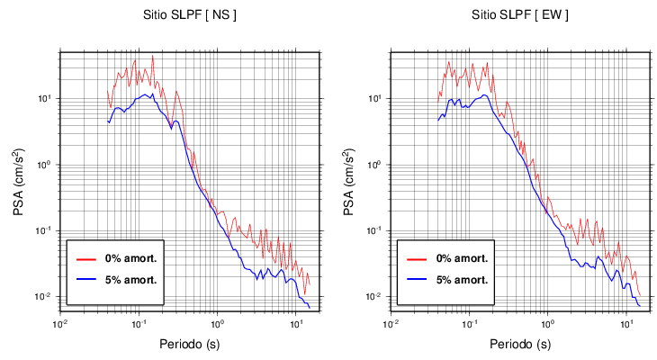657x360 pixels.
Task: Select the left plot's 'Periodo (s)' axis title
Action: pyautogui.click(x=189, y=344)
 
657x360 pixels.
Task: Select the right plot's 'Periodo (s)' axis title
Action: pyautogui.click(x=519, y=344)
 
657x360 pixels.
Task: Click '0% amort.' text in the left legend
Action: pyautogui.click(x=128, y=258)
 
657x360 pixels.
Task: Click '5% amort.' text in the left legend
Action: pyautogui.click(x=128, y=279)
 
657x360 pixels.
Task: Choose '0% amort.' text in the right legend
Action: pyautogui.click(x=458, y=258)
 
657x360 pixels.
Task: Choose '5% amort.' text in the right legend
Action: pyautogui.click(x=458, y=279)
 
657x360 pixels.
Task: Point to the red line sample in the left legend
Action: pyautogui.click(x=86, y=258)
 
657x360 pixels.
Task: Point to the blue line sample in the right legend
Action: pyautogui.click(x=417, y=279)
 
